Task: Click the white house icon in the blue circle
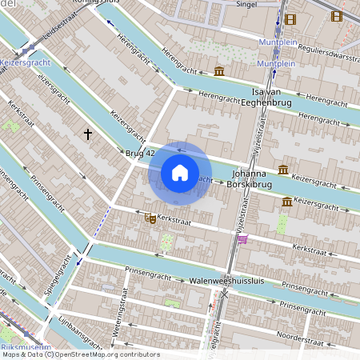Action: (180, 172)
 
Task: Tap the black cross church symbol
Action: (88, 134)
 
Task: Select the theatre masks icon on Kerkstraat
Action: (150, 218)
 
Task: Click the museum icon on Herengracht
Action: (219, 73)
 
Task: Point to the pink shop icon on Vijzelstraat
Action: (242, 238)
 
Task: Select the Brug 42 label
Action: (139, 152)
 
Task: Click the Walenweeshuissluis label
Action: (226, 282)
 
